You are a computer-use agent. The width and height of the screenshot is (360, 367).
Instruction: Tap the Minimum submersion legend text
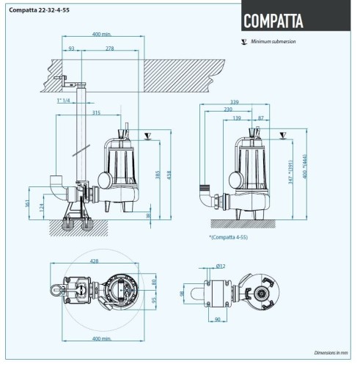tap(273, 43)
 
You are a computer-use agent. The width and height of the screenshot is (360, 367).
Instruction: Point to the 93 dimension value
tap(71, 48)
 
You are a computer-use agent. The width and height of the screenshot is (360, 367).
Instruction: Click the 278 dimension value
tap(109, 48)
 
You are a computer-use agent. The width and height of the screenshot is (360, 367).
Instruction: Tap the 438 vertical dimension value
tap(168, 176)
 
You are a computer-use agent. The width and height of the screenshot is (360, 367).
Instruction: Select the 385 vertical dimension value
tap(156, 176)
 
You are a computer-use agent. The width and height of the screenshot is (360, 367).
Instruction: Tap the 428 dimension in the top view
tap(94, 260)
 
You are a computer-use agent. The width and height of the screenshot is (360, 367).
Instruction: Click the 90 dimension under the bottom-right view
tap(218, 319)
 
